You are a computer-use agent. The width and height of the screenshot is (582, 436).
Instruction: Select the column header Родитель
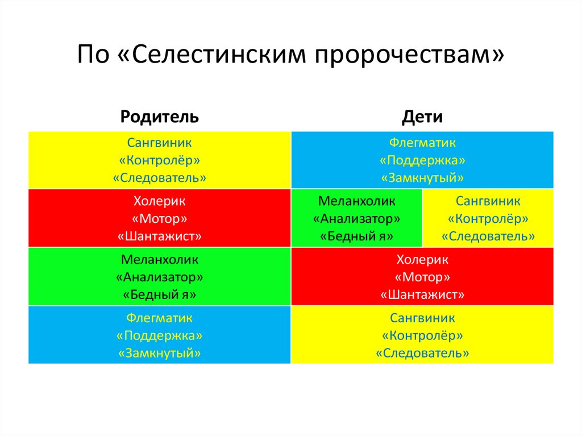(159, 117)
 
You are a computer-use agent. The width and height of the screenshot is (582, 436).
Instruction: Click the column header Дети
(422, 117)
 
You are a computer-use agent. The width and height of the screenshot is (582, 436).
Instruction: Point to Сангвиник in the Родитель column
(159, 143)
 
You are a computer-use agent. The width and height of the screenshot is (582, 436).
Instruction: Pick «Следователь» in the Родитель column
(159, 177)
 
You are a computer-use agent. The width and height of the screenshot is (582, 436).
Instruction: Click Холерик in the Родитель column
(159, 201)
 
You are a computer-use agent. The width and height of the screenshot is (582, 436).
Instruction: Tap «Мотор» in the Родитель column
(159, 218)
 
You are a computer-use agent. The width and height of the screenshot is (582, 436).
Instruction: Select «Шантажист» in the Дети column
(422, 294)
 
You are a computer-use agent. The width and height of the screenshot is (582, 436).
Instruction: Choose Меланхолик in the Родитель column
(159, 260)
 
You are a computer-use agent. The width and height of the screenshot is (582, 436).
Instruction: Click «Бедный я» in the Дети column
(357, 236)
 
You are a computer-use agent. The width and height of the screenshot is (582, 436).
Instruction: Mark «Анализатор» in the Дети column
(357, 218)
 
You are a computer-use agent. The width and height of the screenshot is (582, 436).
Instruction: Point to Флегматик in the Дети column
(422, 143)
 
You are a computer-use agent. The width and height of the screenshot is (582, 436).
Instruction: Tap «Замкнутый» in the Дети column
(422, 177)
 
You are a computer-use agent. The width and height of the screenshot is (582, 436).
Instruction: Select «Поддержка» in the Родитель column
(159, 335)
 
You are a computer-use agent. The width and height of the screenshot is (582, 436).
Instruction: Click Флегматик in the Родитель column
(159, 318)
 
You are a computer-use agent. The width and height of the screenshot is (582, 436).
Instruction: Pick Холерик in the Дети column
(422, 260)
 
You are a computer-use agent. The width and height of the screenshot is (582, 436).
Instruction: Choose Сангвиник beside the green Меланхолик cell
(488, 201)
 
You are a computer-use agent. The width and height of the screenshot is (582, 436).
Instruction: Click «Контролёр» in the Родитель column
(159, 160)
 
